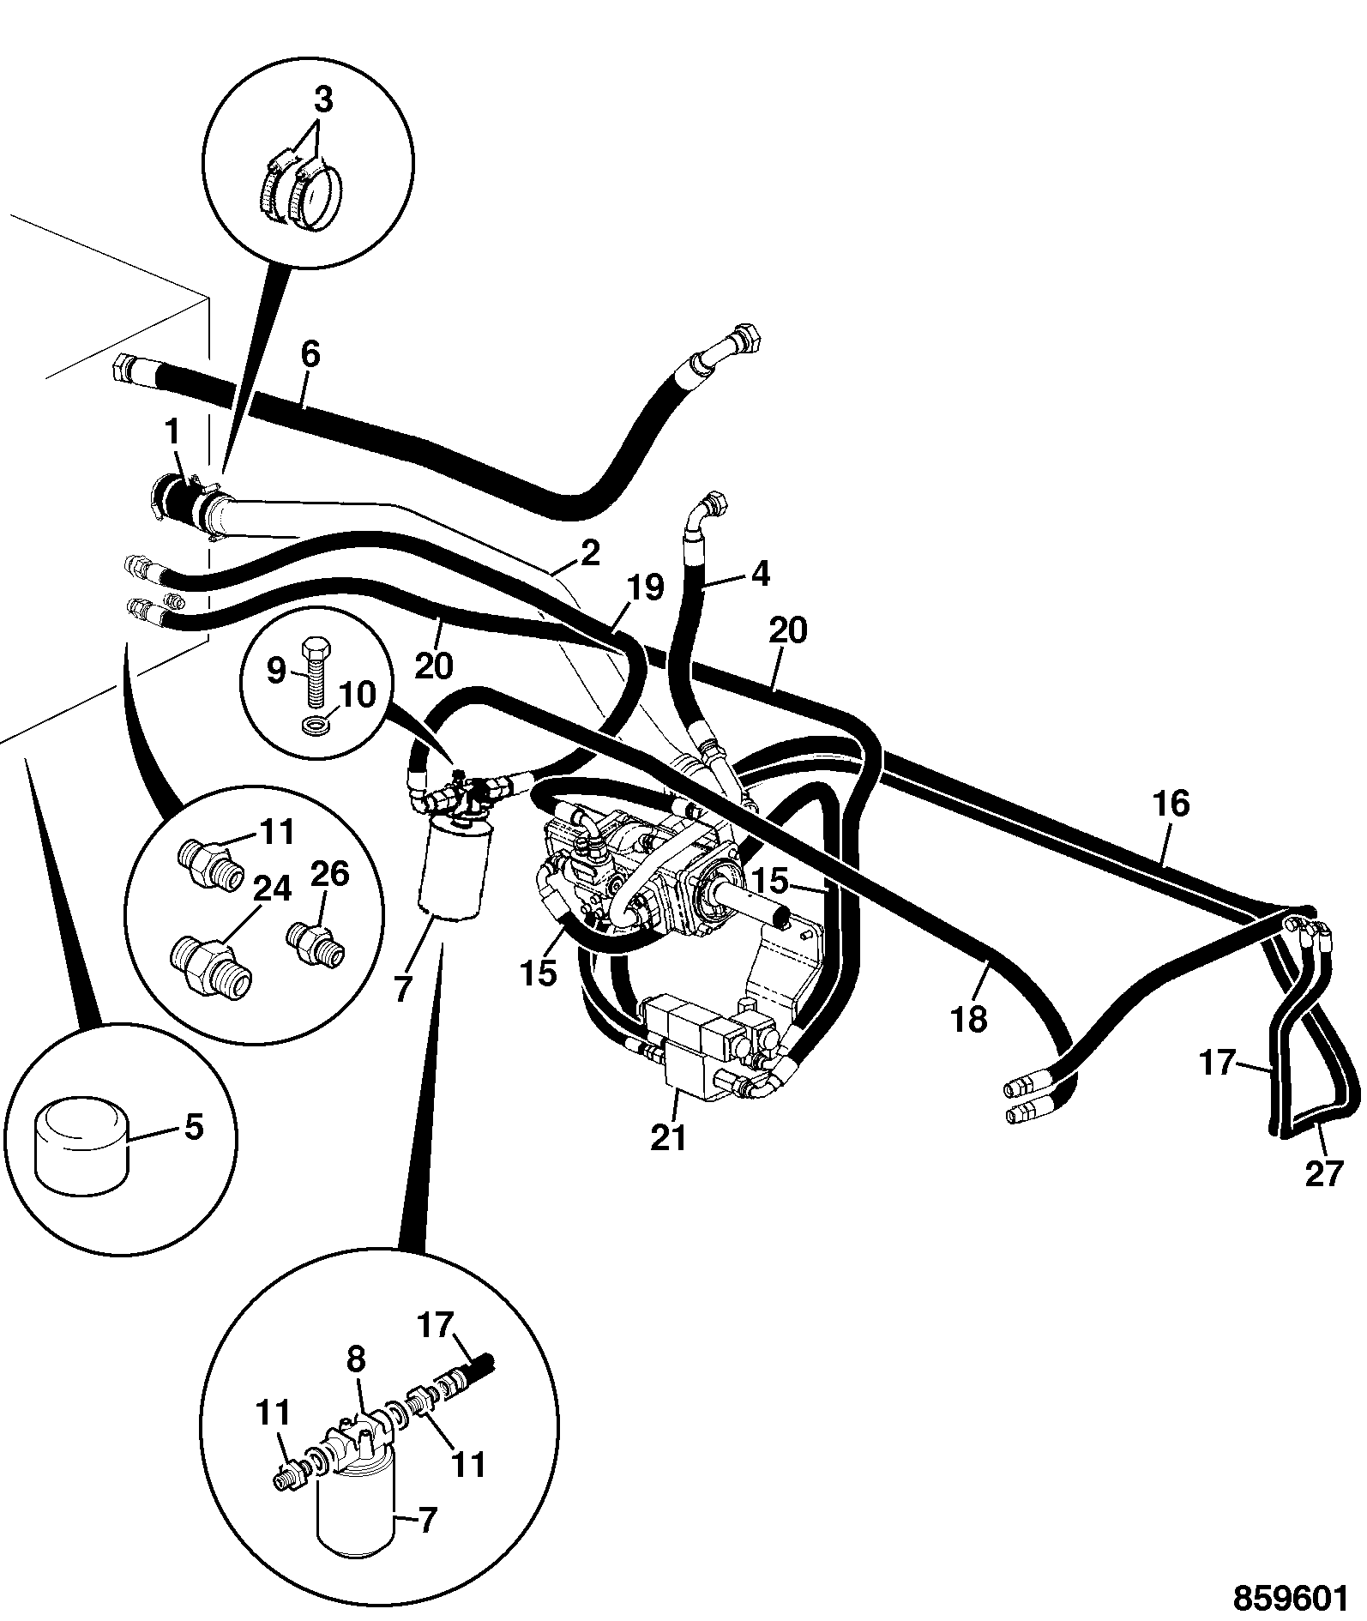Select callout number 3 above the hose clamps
coord(322,100)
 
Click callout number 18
coord(970,1020)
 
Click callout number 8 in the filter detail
coord(356,1358)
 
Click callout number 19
coord(645,588)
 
